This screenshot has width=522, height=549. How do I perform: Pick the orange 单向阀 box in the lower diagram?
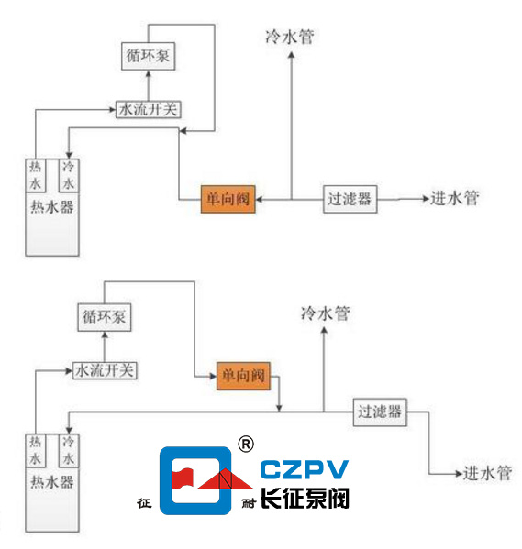[244, 376]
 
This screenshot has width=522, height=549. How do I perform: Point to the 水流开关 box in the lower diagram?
[105, 370]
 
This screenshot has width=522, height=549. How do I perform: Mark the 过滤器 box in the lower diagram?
[381, 412]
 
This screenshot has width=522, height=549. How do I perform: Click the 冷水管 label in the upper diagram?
[289, 37]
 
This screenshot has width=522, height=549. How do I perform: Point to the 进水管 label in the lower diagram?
[486, 474]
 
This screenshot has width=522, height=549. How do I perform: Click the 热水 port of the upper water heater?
[35, 173]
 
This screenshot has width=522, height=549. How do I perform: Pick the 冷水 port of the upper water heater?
[66, 173]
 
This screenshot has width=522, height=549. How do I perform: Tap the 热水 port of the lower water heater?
[35, 449]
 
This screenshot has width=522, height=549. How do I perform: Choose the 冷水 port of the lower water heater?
[66, 449]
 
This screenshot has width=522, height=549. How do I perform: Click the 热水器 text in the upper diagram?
[51, 207]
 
